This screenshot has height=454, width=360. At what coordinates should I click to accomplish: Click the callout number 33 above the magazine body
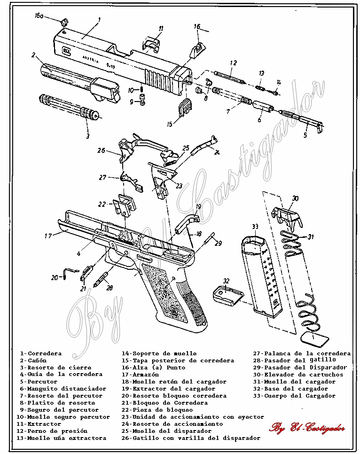[255, 227]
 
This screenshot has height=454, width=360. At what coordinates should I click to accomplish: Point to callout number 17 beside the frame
[48, 236]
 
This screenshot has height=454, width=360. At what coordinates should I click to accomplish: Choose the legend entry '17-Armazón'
[140, 375]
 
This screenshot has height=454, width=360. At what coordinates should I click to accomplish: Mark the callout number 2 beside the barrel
[34, 55]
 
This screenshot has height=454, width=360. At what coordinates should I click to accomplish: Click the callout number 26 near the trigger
[101, 150]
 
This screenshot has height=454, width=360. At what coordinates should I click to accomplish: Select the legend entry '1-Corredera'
[40, 353]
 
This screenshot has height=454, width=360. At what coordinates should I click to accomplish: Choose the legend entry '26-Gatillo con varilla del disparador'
[190, 438]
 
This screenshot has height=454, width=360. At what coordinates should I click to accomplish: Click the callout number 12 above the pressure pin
[233, 63]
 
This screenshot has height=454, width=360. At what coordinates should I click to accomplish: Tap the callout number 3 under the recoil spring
[87, 136]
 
